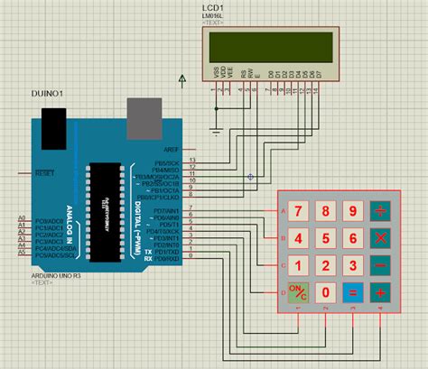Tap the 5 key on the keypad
[x=326, y=239]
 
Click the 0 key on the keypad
[x=326, y=292]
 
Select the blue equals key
[x=353, y=292]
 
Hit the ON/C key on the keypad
[x=298, y=292]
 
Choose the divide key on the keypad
[x=382, y=212]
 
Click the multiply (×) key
[x=382, y=239]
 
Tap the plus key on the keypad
[x=382, y=292]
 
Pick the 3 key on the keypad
[x=353, y=266]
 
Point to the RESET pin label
[x=43, y=171]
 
